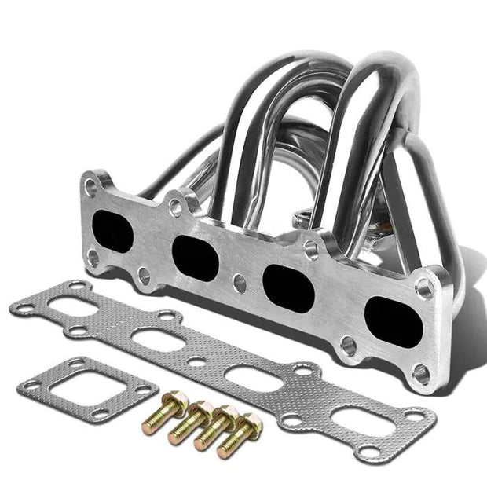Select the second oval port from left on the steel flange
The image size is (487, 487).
pos(195,257)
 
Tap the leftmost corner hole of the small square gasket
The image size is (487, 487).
pos(31,384)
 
